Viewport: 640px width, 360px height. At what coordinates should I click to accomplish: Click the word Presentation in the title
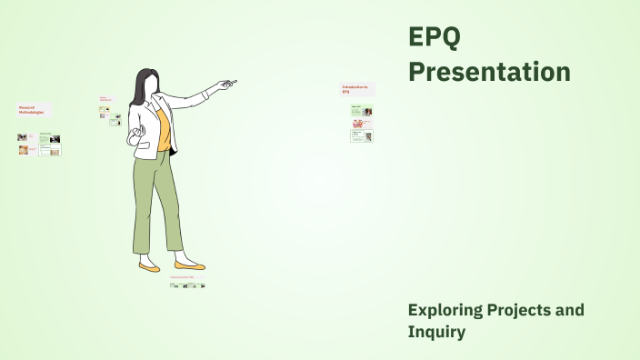tap(489, 72)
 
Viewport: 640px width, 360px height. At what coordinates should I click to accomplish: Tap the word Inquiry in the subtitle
tap(436, 333)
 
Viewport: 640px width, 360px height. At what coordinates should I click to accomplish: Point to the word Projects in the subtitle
tap(521, 311)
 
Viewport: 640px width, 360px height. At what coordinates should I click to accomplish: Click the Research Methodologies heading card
tap(35, 109)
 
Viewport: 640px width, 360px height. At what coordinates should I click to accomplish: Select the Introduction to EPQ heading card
tap(357, 89)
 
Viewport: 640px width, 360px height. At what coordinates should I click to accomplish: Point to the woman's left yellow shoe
tap(149, 268)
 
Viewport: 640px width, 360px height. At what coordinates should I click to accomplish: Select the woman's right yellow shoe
tap(189, 265)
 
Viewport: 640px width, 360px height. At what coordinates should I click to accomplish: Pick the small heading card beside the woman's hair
tap(106, 99)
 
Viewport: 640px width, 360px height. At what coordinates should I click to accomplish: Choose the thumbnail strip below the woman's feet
tap(187, 285)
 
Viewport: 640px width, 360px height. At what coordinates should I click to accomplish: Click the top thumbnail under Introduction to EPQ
tap(362, 111)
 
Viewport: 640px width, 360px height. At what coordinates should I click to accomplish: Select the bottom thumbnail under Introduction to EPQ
tap(362, 136)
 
